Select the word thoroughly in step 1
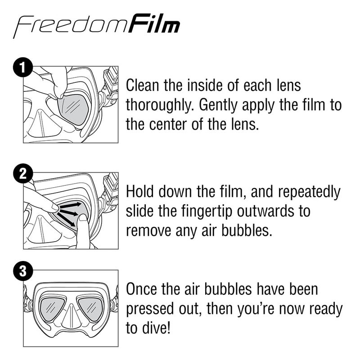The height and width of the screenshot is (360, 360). (160, 105)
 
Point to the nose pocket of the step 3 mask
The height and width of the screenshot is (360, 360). (71, 318)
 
